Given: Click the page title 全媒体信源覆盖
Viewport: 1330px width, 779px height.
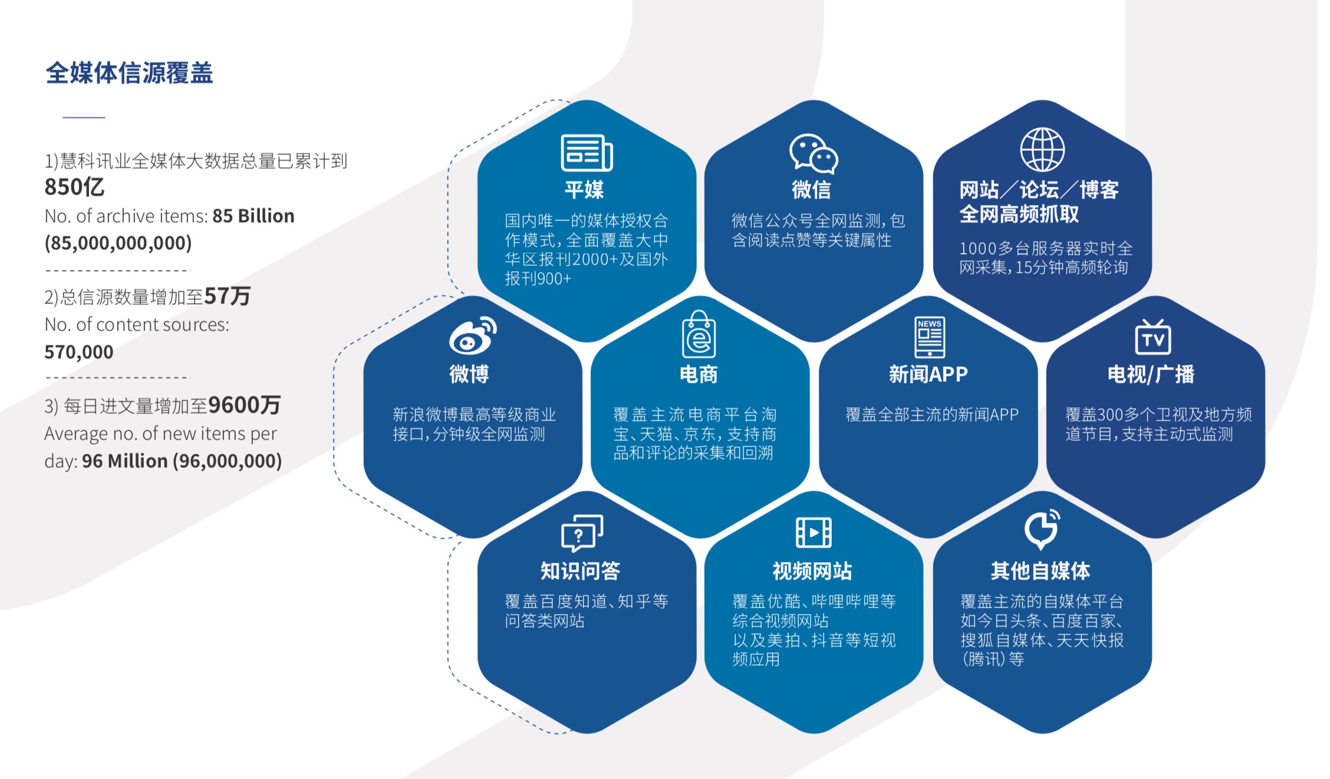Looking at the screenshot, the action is point(129,73).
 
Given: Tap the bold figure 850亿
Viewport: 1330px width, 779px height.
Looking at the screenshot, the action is point(74,187).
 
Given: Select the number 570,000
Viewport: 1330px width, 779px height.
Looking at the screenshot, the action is point(79,352).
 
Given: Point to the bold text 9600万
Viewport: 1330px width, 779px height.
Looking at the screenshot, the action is point(244,405).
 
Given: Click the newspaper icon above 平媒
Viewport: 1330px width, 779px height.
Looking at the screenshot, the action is point(587,152).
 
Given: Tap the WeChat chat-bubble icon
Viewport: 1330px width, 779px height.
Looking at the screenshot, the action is point(814,153).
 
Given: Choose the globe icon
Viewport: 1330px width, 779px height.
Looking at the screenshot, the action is point(1042,149).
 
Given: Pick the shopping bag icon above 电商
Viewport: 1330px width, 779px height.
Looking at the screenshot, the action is point(699,334).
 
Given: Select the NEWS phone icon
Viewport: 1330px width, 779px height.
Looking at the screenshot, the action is point(930,337).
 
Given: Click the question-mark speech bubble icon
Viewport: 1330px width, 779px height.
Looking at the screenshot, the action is point(582,532).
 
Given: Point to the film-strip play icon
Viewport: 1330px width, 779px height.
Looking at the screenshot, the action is point(814,532).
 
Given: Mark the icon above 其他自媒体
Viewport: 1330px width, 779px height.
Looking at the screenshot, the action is point(1042,529).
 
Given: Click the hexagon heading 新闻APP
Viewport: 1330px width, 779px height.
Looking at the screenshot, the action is point(929,374).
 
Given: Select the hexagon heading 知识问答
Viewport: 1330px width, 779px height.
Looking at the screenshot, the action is point(581,570).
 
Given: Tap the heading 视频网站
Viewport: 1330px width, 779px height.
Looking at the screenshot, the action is point(812,570).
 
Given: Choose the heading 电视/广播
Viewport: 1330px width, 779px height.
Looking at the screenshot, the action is point(1151,374).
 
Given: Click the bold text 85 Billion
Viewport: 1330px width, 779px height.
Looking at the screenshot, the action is point(254,216).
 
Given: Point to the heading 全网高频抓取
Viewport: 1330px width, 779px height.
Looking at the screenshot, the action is point(1019,214).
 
